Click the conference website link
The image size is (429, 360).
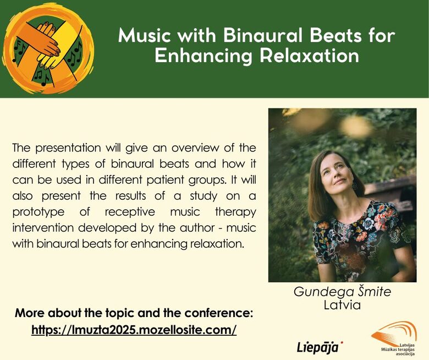(134, 330)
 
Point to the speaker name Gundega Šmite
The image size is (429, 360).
(342, 292)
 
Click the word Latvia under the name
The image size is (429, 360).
(342, 305)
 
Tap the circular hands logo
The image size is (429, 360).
(48, 48)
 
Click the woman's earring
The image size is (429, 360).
(355, 187)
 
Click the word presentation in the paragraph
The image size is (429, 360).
(68, 148)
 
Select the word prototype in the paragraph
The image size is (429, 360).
(38, 212)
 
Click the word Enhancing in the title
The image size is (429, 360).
(204, 57)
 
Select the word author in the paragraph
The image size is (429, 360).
(197, 228)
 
